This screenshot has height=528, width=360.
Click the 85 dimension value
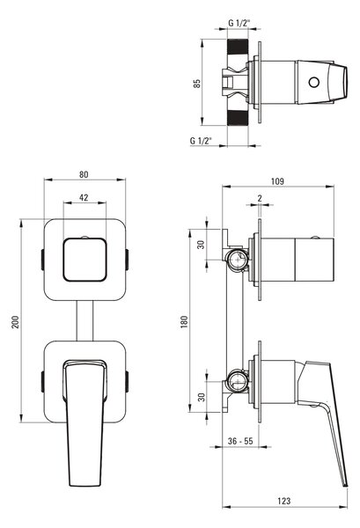click(196, 84)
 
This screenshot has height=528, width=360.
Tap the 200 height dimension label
click(16, 322)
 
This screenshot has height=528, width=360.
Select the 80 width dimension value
click(84, 174)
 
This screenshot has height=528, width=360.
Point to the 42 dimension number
click(84, 197)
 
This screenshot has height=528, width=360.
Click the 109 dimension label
click(277, 181)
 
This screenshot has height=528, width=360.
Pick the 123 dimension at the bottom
click(284, 501)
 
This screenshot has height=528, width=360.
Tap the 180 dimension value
click(184, 322)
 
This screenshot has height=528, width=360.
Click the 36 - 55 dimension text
click(240, 441)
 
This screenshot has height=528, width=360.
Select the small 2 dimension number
click(260, 198)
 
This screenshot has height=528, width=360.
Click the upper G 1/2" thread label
click(239, 23)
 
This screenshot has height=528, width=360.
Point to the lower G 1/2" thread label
click(201, 141)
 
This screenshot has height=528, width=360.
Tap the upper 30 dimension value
click(201, 245)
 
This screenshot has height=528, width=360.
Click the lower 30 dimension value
click(201, 398)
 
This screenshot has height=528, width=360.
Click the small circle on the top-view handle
click(314, 83)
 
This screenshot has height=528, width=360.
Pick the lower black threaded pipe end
click(238, 118)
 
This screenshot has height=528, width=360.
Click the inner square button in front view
click(84, 260)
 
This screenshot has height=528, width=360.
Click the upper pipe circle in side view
click(237, 260)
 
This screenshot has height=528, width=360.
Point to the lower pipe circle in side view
click(237, 381)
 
